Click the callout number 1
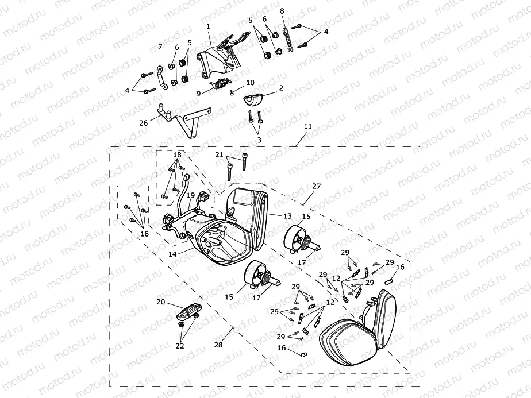(x=208, y=26)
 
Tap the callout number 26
(x=144, y=123)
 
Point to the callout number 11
(x=307, y=127)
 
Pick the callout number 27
(x=316, y=186)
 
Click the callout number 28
(x=218, y=345)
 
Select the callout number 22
(x=180, y=346)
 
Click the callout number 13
(x=287, y=216)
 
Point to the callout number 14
(x=172, y=254)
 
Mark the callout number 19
(x=191, y=195)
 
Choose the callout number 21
(x=220, y=154)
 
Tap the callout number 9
(x=199, y=94)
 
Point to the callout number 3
(x=259, y=140)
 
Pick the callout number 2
(x=281, y=88)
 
